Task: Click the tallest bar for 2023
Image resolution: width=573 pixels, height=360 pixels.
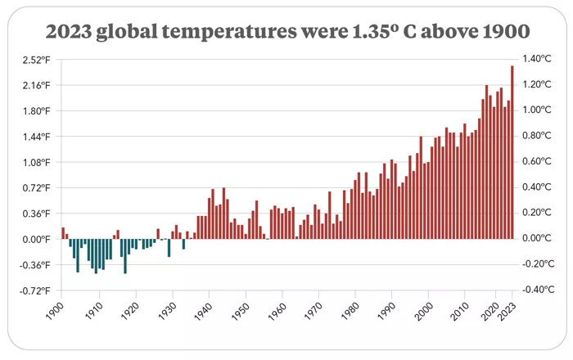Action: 512,152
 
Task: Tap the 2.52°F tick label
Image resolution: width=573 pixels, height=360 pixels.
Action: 36,60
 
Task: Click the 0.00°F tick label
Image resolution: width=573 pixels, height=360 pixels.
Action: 36,239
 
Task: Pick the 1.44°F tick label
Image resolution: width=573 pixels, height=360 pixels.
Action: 36,137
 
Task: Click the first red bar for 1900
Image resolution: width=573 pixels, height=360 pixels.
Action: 62,233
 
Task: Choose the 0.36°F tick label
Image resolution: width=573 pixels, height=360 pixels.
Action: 36,214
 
